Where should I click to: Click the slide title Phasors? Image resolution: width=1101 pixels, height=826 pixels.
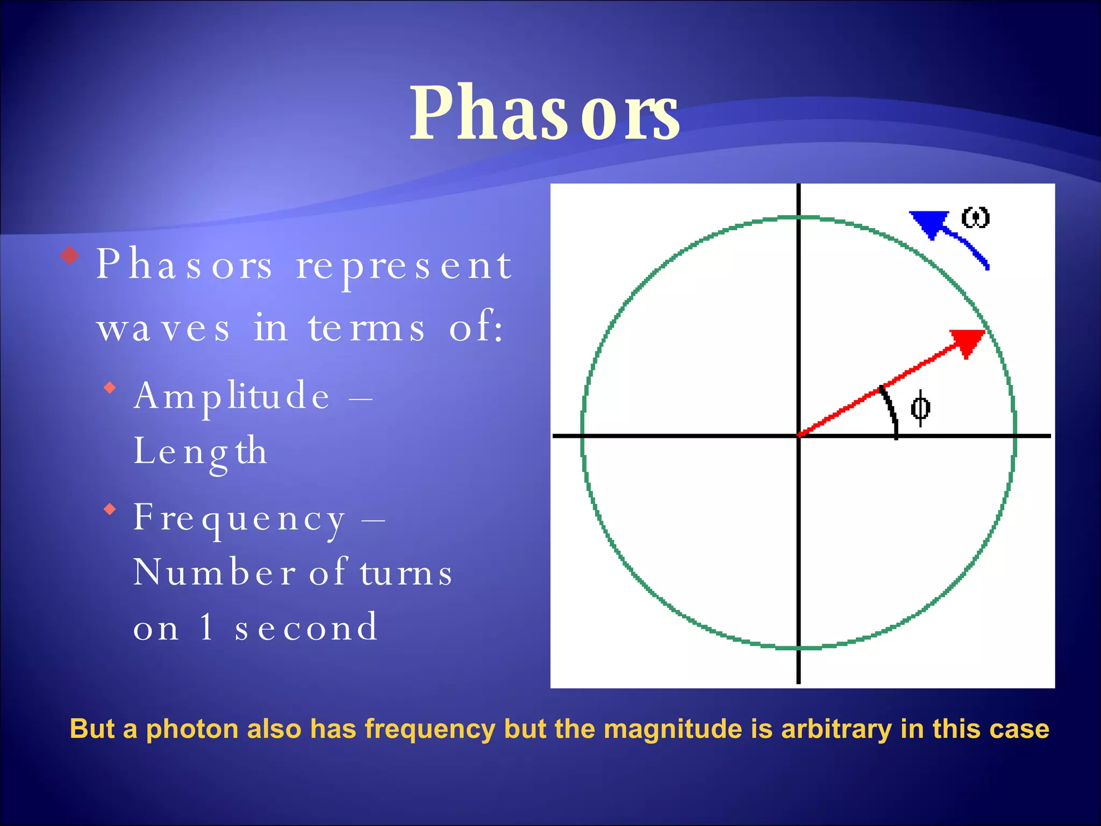tap(544, 113)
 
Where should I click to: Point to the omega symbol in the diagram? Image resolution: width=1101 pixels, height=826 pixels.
tap(975, 218)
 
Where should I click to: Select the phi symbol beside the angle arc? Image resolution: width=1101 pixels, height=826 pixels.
tap(920, 408)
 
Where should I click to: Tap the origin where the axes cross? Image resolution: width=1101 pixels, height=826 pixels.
tap(798, 436)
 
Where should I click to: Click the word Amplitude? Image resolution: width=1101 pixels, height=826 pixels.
tap(232, 396)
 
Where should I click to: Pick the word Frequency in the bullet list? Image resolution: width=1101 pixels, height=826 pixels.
tap(239, 518)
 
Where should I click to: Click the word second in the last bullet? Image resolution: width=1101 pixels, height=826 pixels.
tap(306, 628)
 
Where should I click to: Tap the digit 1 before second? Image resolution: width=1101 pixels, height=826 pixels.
tap(206, 626)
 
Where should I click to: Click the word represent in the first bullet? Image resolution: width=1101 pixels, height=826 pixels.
tap(404, 266)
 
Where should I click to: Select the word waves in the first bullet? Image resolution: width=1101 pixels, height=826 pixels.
tap(163, 327)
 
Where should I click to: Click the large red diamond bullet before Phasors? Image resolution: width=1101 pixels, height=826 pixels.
tap(70, 255)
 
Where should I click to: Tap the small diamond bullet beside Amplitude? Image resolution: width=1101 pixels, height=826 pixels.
tap(110, 387)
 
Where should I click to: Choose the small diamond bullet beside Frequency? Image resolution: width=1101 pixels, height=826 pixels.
tap(110, 509)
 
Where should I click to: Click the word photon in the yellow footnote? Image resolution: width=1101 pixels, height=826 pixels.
tap(192, 730)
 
